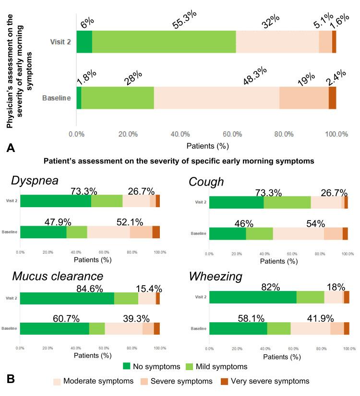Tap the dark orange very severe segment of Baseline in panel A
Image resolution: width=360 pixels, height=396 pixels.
click(x=332, y=98)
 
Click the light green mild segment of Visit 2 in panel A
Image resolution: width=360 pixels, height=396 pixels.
click(x=164, y=41)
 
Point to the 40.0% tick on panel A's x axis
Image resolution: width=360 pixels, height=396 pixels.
click(x=180, y=135)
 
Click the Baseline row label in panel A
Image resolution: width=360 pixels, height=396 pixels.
click(x=57, y=98)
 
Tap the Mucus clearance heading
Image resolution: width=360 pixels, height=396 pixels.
click(x=58, y=276)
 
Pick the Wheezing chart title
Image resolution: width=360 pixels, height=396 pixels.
click(x=215, y=276)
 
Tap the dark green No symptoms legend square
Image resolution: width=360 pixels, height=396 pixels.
click(x=127, y=366)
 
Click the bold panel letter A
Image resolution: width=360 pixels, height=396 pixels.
click(x=11, y=149)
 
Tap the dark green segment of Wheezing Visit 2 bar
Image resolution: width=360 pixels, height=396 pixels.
click(x=253, y=297)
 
